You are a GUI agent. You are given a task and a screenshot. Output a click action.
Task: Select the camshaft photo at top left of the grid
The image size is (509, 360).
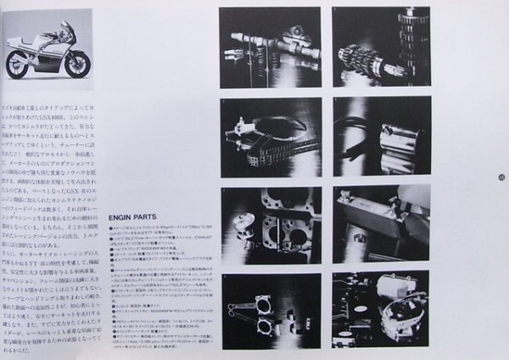271,47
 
